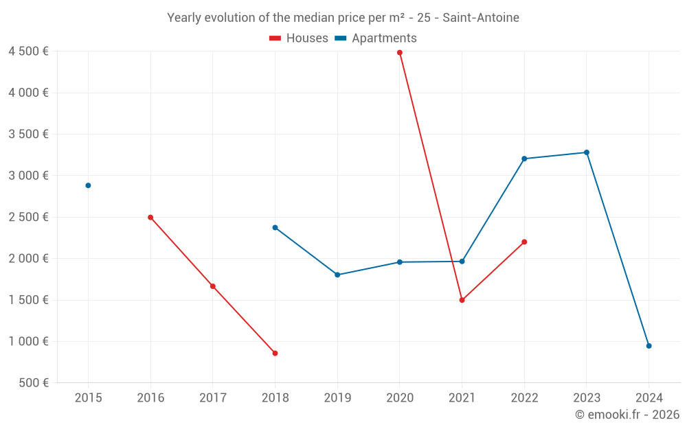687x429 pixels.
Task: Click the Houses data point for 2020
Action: (399, 52)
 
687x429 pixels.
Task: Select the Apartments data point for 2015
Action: (88, 185)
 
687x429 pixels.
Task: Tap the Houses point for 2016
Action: (150, 218)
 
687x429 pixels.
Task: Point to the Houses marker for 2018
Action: (275, 353)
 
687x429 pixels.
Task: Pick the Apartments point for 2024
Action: (649, 346)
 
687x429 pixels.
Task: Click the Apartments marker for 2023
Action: (587, 152)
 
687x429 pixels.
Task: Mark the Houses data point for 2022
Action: (524, 242)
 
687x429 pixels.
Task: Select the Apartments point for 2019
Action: (337, 275)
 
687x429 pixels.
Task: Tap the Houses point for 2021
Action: (462, 300)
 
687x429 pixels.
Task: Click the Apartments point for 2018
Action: (275, 227)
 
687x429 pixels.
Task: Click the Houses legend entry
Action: (299, 38)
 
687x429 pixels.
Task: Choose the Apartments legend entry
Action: (376, 38)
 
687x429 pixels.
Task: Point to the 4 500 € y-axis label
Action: (28, 51)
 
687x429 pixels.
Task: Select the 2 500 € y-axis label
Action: (28, 217)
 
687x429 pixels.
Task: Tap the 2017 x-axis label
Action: (212, 397)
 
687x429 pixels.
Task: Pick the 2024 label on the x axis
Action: (649, 397)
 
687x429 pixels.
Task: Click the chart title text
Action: (343, 17)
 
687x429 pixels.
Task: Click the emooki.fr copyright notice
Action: (627, 415)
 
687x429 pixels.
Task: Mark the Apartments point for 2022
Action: (524, 159)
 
